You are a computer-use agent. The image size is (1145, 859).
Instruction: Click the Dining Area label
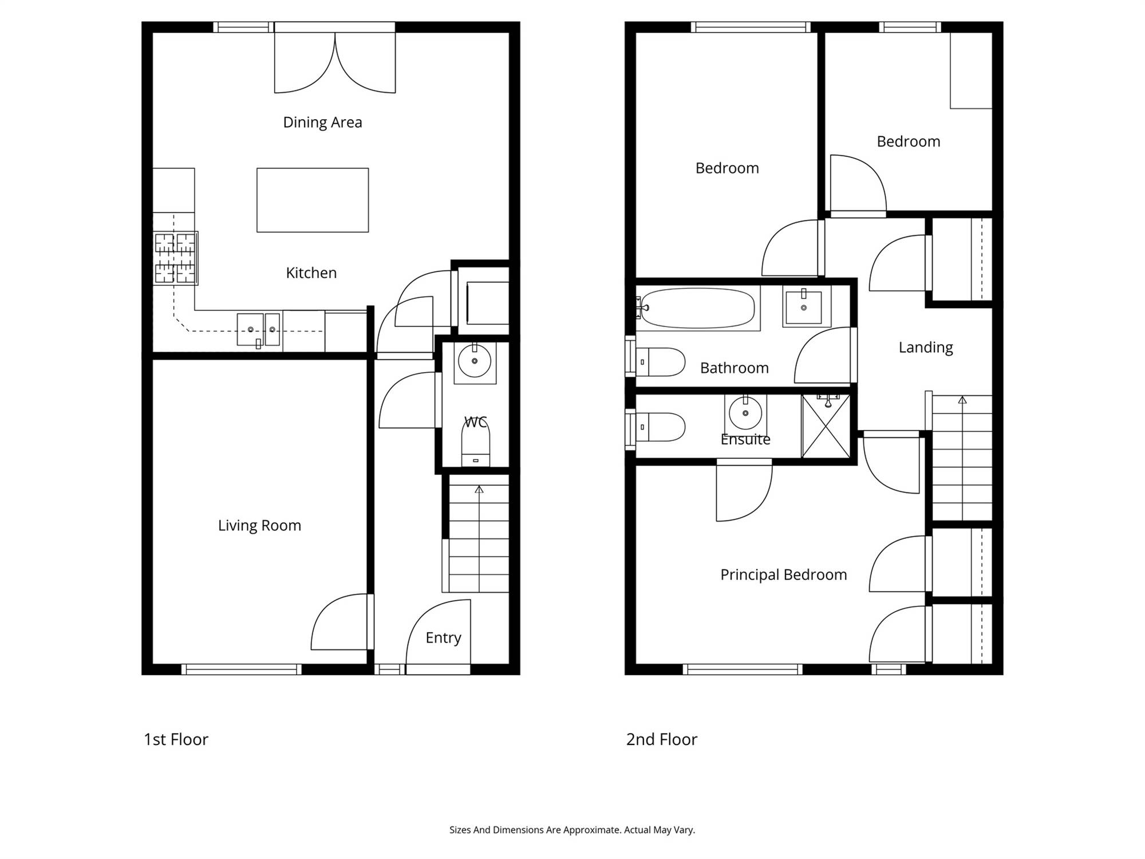click(322, 123)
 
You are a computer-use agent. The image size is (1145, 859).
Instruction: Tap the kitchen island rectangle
click(313, 200)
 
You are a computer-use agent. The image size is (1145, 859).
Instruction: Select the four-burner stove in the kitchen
click(176, 258)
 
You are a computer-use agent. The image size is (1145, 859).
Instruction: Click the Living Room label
click(259, 526)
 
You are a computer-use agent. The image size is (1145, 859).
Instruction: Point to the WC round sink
click(475, 361)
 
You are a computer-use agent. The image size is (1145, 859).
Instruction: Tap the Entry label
click(443, 638)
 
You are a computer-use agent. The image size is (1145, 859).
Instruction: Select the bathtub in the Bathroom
click(697, 308)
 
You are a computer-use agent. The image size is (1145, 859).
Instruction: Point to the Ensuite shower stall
click(826, 426)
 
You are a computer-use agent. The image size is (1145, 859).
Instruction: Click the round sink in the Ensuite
click(745, 413)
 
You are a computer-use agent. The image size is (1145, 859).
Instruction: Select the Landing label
click(926, 348)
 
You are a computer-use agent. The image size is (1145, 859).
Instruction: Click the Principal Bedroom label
click(783, 575)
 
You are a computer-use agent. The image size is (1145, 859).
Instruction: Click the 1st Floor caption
click(176, 739)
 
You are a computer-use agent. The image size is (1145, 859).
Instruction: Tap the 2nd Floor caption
click(662, 739)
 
